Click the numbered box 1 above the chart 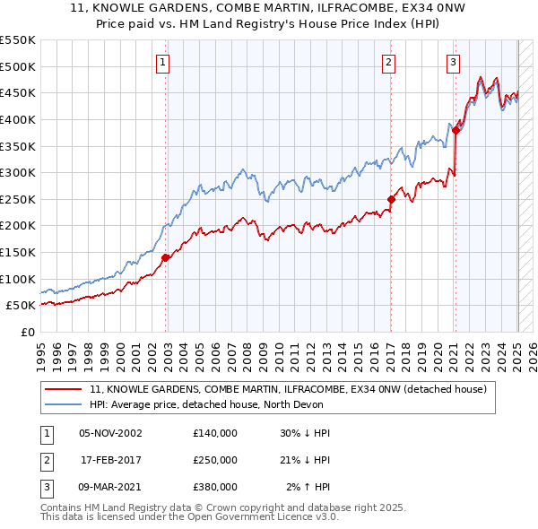pos(162,62)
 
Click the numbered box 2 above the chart pos(389,62)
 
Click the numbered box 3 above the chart pos(454,62)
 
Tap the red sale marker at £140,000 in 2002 pos(166,257)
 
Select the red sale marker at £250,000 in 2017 pos(392,199)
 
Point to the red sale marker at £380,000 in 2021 pos(456,130)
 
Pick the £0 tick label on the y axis pos(28,332)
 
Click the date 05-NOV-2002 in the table pos(110,433)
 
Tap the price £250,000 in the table pos(214,460)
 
